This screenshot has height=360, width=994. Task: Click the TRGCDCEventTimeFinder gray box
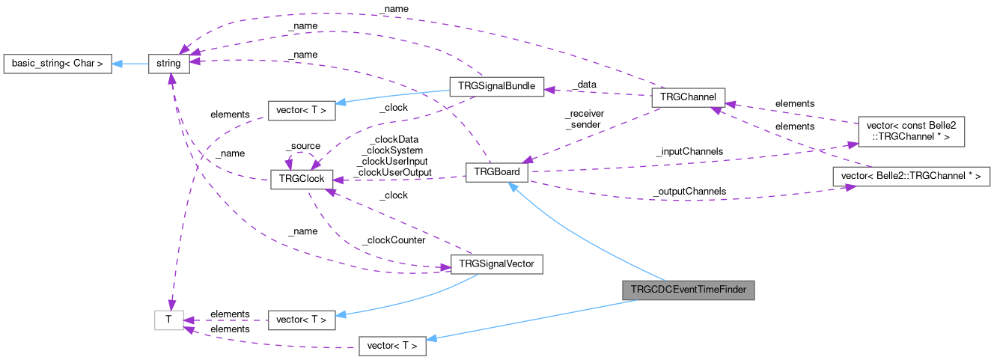click(688, 290)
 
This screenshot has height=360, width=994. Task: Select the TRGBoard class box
click(497, 173)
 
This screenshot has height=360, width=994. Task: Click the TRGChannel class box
click(688, 97)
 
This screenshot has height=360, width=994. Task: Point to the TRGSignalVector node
click(496, 264)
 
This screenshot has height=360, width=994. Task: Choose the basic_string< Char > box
click(57, 64)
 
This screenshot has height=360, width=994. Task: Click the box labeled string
click(168, 64)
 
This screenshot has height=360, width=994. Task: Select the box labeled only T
click(168, 320)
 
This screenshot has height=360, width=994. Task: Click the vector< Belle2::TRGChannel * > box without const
click(911, 177)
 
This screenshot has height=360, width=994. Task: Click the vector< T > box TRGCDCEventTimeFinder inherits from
click(393, 346)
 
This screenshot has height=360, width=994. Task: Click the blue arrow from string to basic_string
click(130, 64)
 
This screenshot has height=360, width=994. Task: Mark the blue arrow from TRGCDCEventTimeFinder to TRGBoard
click(584, 232)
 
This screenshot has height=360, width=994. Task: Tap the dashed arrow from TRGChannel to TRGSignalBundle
click(599, 92)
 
